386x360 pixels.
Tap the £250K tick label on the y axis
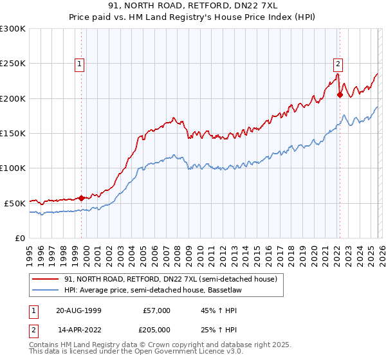13,64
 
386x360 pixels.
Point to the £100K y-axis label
13,168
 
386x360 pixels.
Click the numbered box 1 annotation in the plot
79,64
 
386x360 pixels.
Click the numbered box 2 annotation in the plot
338,64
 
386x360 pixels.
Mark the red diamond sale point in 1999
82,198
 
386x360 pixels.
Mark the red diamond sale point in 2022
340,95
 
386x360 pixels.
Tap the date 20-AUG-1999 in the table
78,310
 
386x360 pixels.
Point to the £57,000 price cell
156,310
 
